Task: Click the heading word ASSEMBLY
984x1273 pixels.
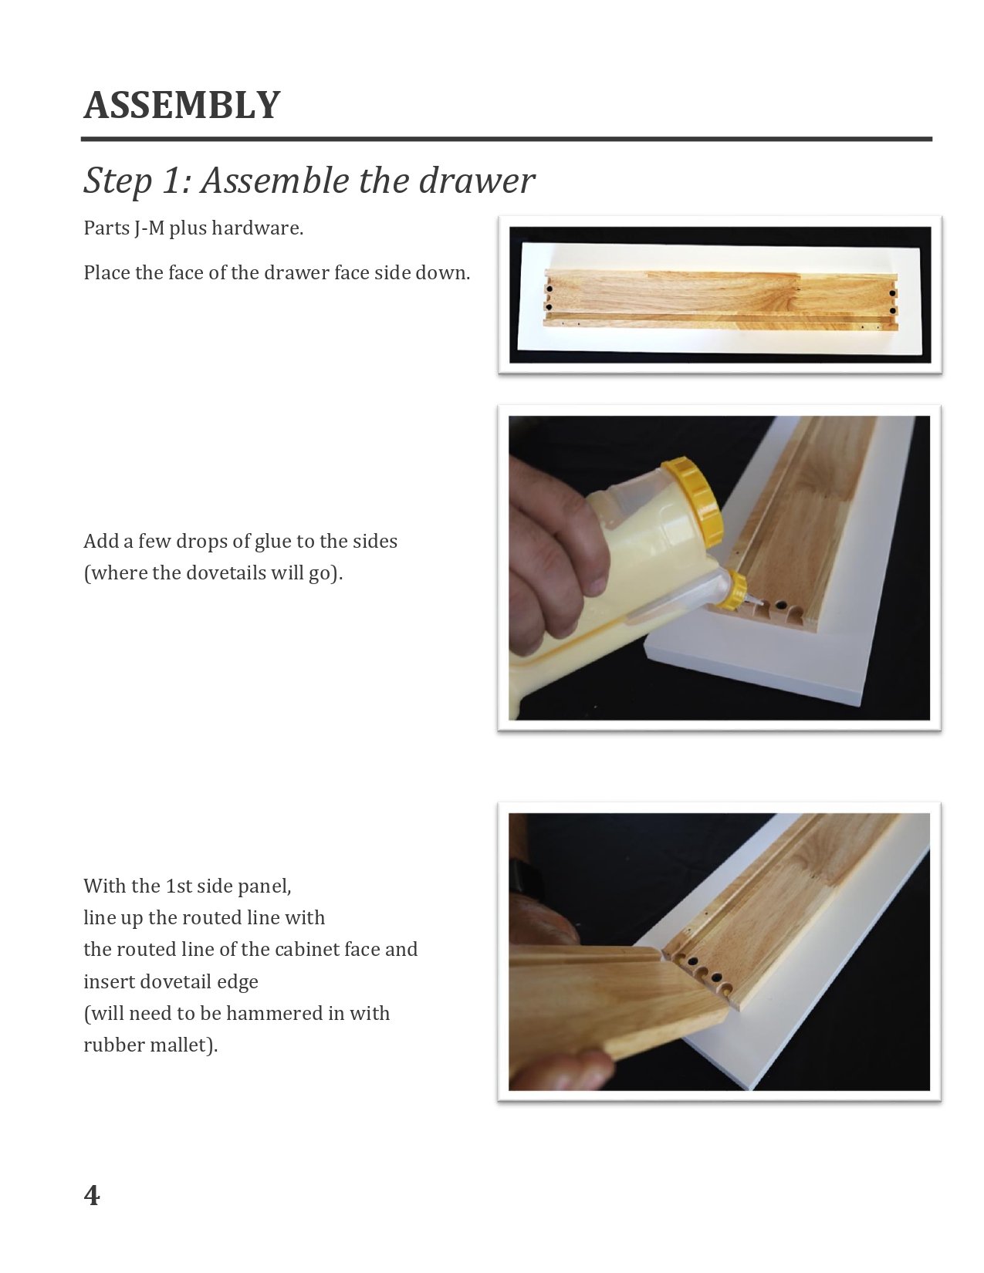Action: point(181,106)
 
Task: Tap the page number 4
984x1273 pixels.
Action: point(91,1194)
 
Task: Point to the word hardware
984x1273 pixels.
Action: point(257,228)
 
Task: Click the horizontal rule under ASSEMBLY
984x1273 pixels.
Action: point(506,139)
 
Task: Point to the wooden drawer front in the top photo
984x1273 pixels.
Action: point(720,298)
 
